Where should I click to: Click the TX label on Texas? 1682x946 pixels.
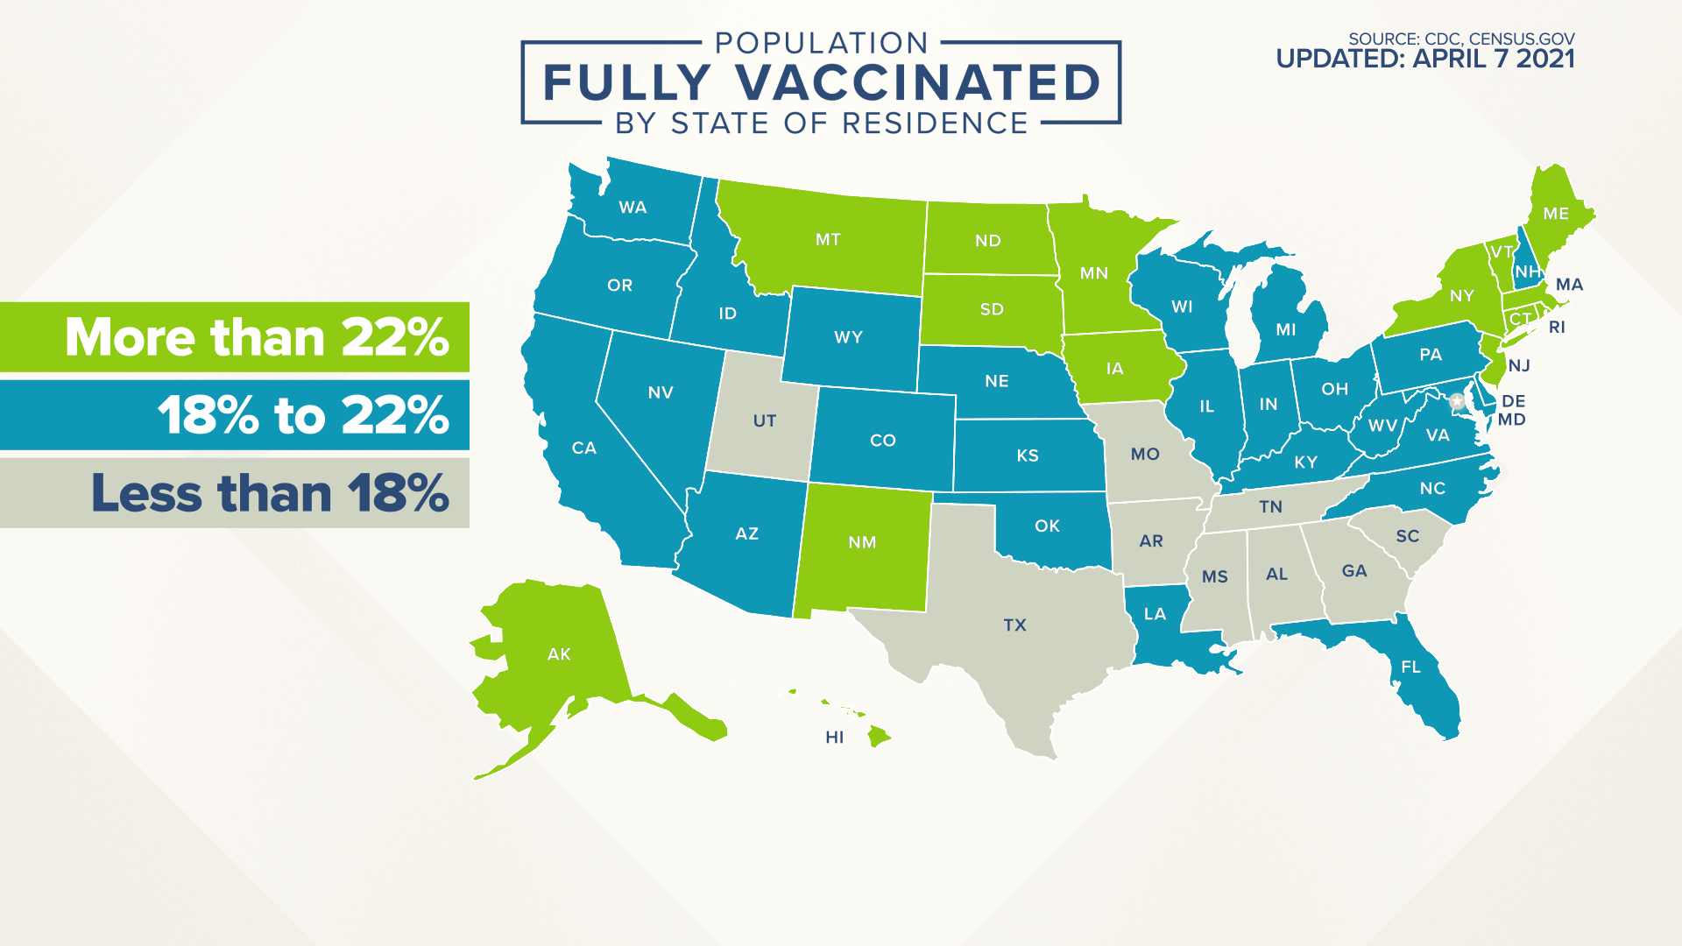(x=1014, y=625)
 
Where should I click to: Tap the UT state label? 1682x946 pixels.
(x=764, y=421)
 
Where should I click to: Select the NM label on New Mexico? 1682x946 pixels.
(x=862, y=542)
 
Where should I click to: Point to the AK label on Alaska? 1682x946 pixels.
(x=559, y=654)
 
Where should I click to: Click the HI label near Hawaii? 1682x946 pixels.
(x=834, y=738)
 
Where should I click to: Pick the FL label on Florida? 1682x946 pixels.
(x=1410, y=667)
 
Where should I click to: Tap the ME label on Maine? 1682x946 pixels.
(x=1556, y=214)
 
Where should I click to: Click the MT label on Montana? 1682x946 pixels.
(x=828, y=240)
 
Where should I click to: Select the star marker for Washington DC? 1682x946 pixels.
(x=1457, y=401)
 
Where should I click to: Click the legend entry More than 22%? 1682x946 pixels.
(x=256, y=337)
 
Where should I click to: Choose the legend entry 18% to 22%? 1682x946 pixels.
(x=302, y=415)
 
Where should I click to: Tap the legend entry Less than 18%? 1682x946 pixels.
(x=270, y=493)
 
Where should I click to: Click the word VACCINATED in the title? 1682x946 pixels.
(x=917, y=83)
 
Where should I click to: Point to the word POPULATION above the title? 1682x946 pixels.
(x=821, y=43)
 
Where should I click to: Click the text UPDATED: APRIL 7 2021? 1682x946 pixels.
(x=1424, y=60)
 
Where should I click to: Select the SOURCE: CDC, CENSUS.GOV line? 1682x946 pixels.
(x=1460, y=39)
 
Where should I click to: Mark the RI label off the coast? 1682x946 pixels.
(x=1557, y=328)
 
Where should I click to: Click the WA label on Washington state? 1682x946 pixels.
(x=633, y=208)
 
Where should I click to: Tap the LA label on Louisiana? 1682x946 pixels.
(x=1155, y=614)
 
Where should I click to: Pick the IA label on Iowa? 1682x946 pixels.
(x=1114, y=369)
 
